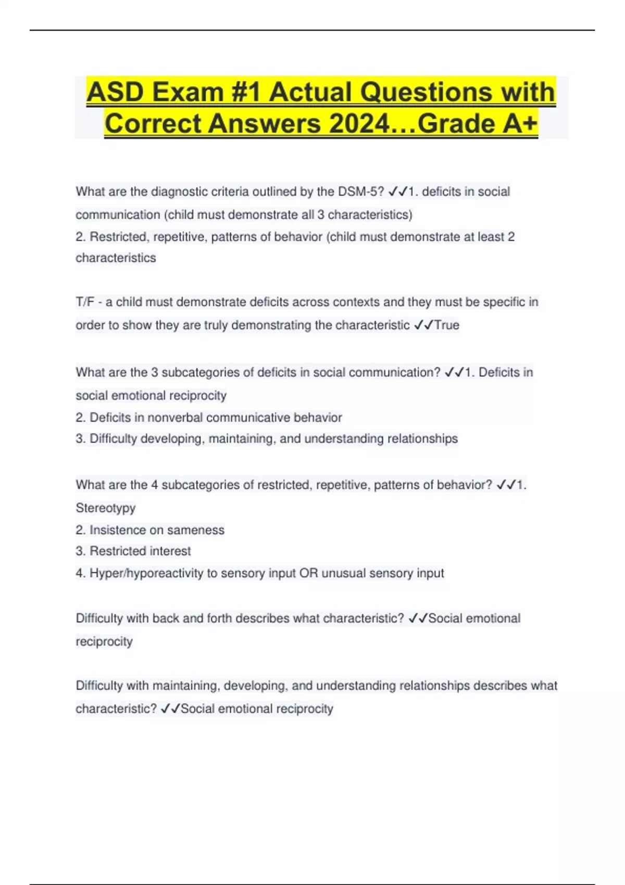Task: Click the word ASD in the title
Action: [x=115, y=92]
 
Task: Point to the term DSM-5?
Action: [x=361, y=192]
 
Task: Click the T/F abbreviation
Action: [x=85, y=302]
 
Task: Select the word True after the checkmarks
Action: [x=447, y=325]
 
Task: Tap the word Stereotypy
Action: [x=106, y=508]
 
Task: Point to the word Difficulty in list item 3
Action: [x=114, y=439]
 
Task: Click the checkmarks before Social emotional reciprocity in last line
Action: [x=170, y=709]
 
